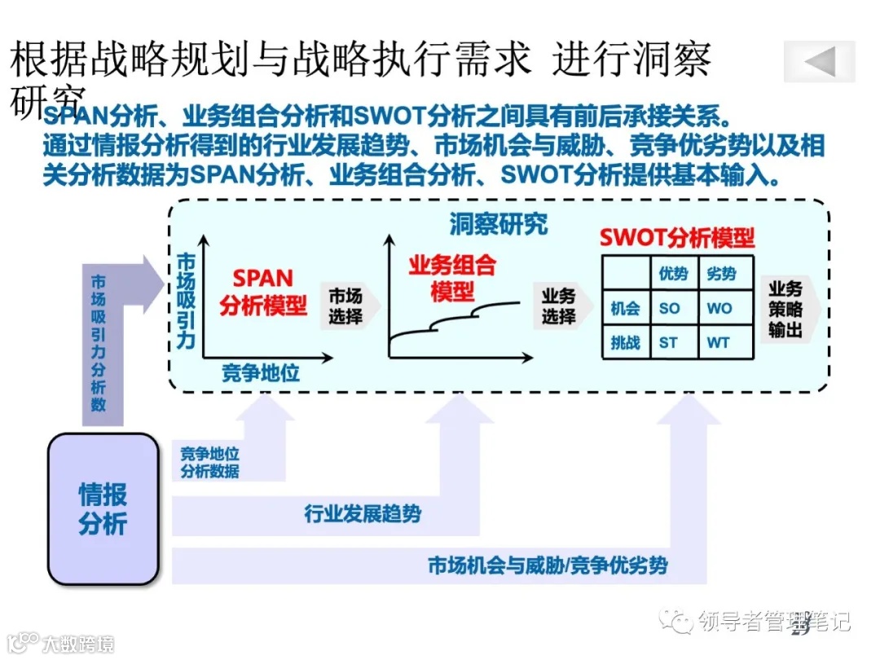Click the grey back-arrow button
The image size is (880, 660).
(x=819, y=62)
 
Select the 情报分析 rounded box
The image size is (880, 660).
(x=103, y=508)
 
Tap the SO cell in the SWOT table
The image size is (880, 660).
(x=668, y=309)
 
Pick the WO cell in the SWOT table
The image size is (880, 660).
(x=719, y=309)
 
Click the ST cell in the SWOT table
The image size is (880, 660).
(x=668, y=343)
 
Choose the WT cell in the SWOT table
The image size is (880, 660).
(x=719, y=343)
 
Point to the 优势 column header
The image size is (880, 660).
(x=673, y=274)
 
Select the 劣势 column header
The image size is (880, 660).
(x=721, y=274)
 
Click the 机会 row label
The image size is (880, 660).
(x=625, y=309)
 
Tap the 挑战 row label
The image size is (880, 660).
(x=625, y=343)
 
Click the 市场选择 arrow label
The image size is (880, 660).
(x=345, y=306)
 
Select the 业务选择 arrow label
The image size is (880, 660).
(x=559, y=306)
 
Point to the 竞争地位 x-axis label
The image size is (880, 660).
(x=261, y=374)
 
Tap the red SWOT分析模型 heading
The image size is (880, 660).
(x=676, y=238)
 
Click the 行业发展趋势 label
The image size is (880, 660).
(x=363, y=514)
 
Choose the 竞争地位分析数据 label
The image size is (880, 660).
(x=209, y=462)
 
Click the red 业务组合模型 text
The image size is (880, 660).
(x=452, y=277)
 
